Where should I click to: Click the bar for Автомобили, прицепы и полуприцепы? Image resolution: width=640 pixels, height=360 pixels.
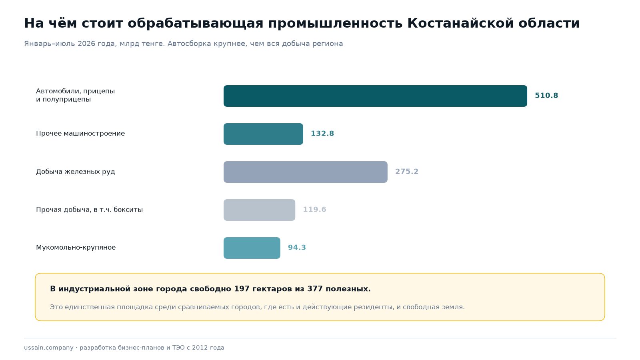coord(375,96)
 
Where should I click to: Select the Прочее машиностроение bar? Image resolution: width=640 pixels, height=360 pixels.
coord(263,134)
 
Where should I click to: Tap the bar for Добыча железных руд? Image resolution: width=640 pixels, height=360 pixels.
coord(306,172)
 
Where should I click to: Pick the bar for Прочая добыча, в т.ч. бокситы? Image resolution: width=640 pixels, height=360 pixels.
coord(259,210)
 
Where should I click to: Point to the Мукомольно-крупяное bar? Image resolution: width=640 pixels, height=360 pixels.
coord(252,248)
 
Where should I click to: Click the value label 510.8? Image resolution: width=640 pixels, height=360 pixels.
coord(546,96)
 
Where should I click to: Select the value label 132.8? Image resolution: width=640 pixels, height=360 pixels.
coord(322,134)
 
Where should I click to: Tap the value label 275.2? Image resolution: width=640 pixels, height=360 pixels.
coord(406,172)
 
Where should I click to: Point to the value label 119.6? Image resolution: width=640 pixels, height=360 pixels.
coord(314,210)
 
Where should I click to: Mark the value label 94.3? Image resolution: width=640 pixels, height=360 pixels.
coord(297,248)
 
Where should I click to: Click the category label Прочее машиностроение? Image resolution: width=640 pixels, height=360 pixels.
coord(80,134)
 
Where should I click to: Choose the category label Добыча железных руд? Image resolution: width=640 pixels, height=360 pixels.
coord(76,172)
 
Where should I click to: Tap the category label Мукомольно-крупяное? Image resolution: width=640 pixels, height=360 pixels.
coord(76,248)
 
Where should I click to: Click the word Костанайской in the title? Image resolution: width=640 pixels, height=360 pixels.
coord(460,23)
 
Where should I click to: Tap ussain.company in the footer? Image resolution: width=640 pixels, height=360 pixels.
coord(48,348)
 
